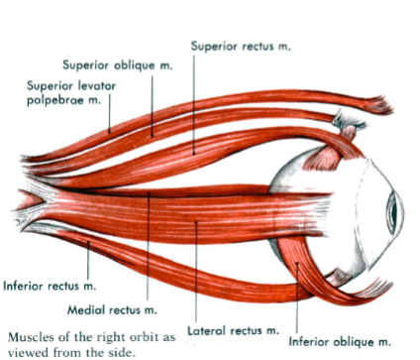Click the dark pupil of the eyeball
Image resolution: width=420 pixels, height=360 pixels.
pyautogui.click(x=395, y=210)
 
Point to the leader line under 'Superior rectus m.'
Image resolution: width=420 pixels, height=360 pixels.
pyautogui.click(x=194, y=99)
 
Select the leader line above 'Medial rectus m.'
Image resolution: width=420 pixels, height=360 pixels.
pyautogui.click(x=147, y=248)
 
